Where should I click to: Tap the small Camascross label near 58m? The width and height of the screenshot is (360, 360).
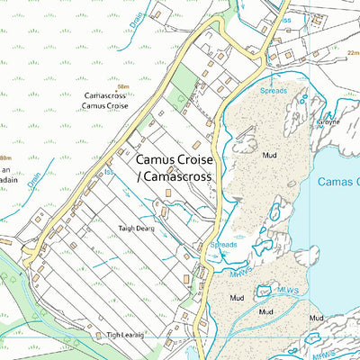pos(104,95)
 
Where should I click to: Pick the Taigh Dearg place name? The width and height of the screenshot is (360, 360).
pos(135,229)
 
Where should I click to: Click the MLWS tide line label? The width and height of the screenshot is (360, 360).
pos(289,290)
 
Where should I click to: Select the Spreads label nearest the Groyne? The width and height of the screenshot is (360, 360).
pos(273,91)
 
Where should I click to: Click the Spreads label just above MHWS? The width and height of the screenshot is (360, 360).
pos(223,244)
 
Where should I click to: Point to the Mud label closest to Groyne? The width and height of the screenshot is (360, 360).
pos(270,155)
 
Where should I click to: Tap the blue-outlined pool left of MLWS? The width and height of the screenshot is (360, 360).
pos(265,291)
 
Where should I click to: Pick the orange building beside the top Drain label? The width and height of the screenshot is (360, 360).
pos(156,15)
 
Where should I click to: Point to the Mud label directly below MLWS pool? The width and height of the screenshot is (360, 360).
pos(265,311)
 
